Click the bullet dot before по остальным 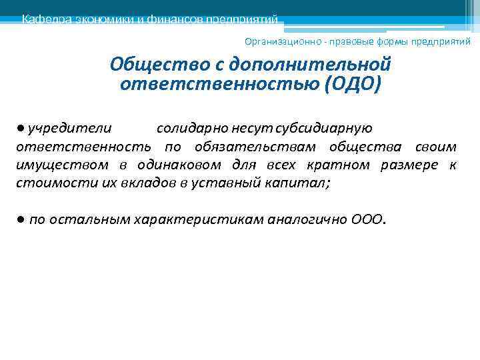click(x=21, y=220)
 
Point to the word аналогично click(x=307, y=220)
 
